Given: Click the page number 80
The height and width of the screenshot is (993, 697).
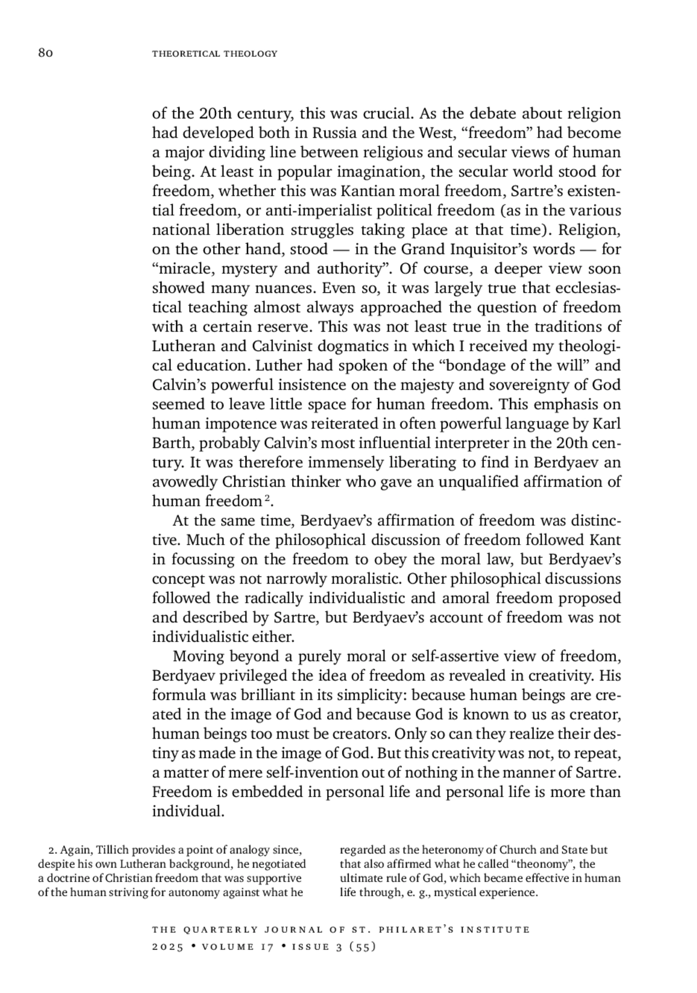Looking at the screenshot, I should (46, 53).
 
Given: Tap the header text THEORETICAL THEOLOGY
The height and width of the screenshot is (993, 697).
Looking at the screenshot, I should (214, 54).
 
